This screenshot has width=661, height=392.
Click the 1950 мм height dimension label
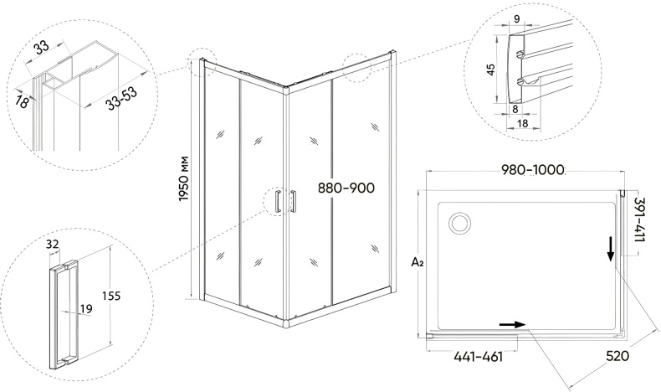pyautogui.click(x=184, y=178)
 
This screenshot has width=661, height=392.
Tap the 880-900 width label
pyautogui.click(x=346, y=188)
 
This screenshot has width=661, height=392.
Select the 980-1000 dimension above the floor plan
pyautogui.click(x=532, y=170)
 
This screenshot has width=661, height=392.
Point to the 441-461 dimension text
pyautogui.click(x=478, y=357)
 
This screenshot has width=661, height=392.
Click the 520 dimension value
pyautogui.click(x=617, y=356)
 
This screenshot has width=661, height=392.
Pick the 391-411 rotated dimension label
pyautogui.click(x=639, y=219)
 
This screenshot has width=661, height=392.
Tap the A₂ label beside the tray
pyautogui.click(x=417, y=263)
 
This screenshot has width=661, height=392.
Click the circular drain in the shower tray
pyautogui.click(x=460, y=222)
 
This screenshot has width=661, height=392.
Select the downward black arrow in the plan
pyautogui.click(x=610, y=250)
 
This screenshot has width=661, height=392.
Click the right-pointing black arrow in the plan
pyautogui.click(x=512, y=324)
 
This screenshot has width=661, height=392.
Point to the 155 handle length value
pyautogui.click(x=110, y=296)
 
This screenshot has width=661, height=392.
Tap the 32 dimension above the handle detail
pyautogui.click(x=52, y=244)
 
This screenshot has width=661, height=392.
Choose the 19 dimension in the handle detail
pyautogui.click(x=85, y=309)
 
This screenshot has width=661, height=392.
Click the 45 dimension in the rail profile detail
pyautogui.click(x=490, y=70)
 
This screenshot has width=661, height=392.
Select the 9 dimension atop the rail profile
pyautogui.click(x=517, y=18)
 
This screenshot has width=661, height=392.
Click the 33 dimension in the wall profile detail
pyautogui.click(x=42, y=48)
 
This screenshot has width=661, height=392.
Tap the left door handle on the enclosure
pyautogui.click(x=278, y=202)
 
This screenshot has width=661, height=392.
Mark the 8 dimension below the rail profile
pyautogui.click(x=515, y=109)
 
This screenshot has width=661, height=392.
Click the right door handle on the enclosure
pyautogui.click(x=293, y=201)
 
